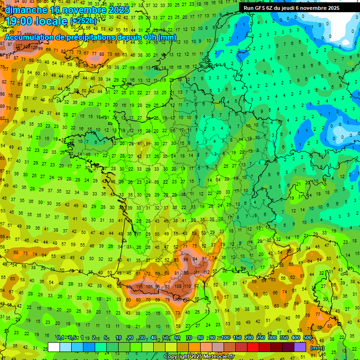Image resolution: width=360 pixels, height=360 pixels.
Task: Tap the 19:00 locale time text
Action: point(37,21)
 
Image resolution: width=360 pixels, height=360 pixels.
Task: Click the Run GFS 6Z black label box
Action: point(295,7)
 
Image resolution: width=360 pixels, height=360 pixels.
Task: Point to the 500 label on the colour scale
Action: point(307,338)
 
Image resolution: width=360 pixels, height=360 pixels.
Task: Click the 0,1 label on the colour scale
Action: point(60,338)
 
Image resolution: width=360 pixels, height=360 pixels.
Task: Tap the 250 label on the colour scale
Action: point(260,338)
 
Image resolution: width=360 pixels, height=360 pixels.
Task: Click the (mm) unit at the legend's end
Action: point(317,348)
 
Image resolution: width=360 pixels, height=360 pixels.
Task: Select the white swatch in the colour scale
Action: point(54,347)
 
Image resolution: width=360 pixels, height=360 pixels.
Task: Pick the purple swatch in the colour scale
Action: point(300,347)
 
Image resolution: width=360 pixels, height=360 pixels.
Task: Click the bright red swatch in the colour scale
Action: point(253,347)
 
